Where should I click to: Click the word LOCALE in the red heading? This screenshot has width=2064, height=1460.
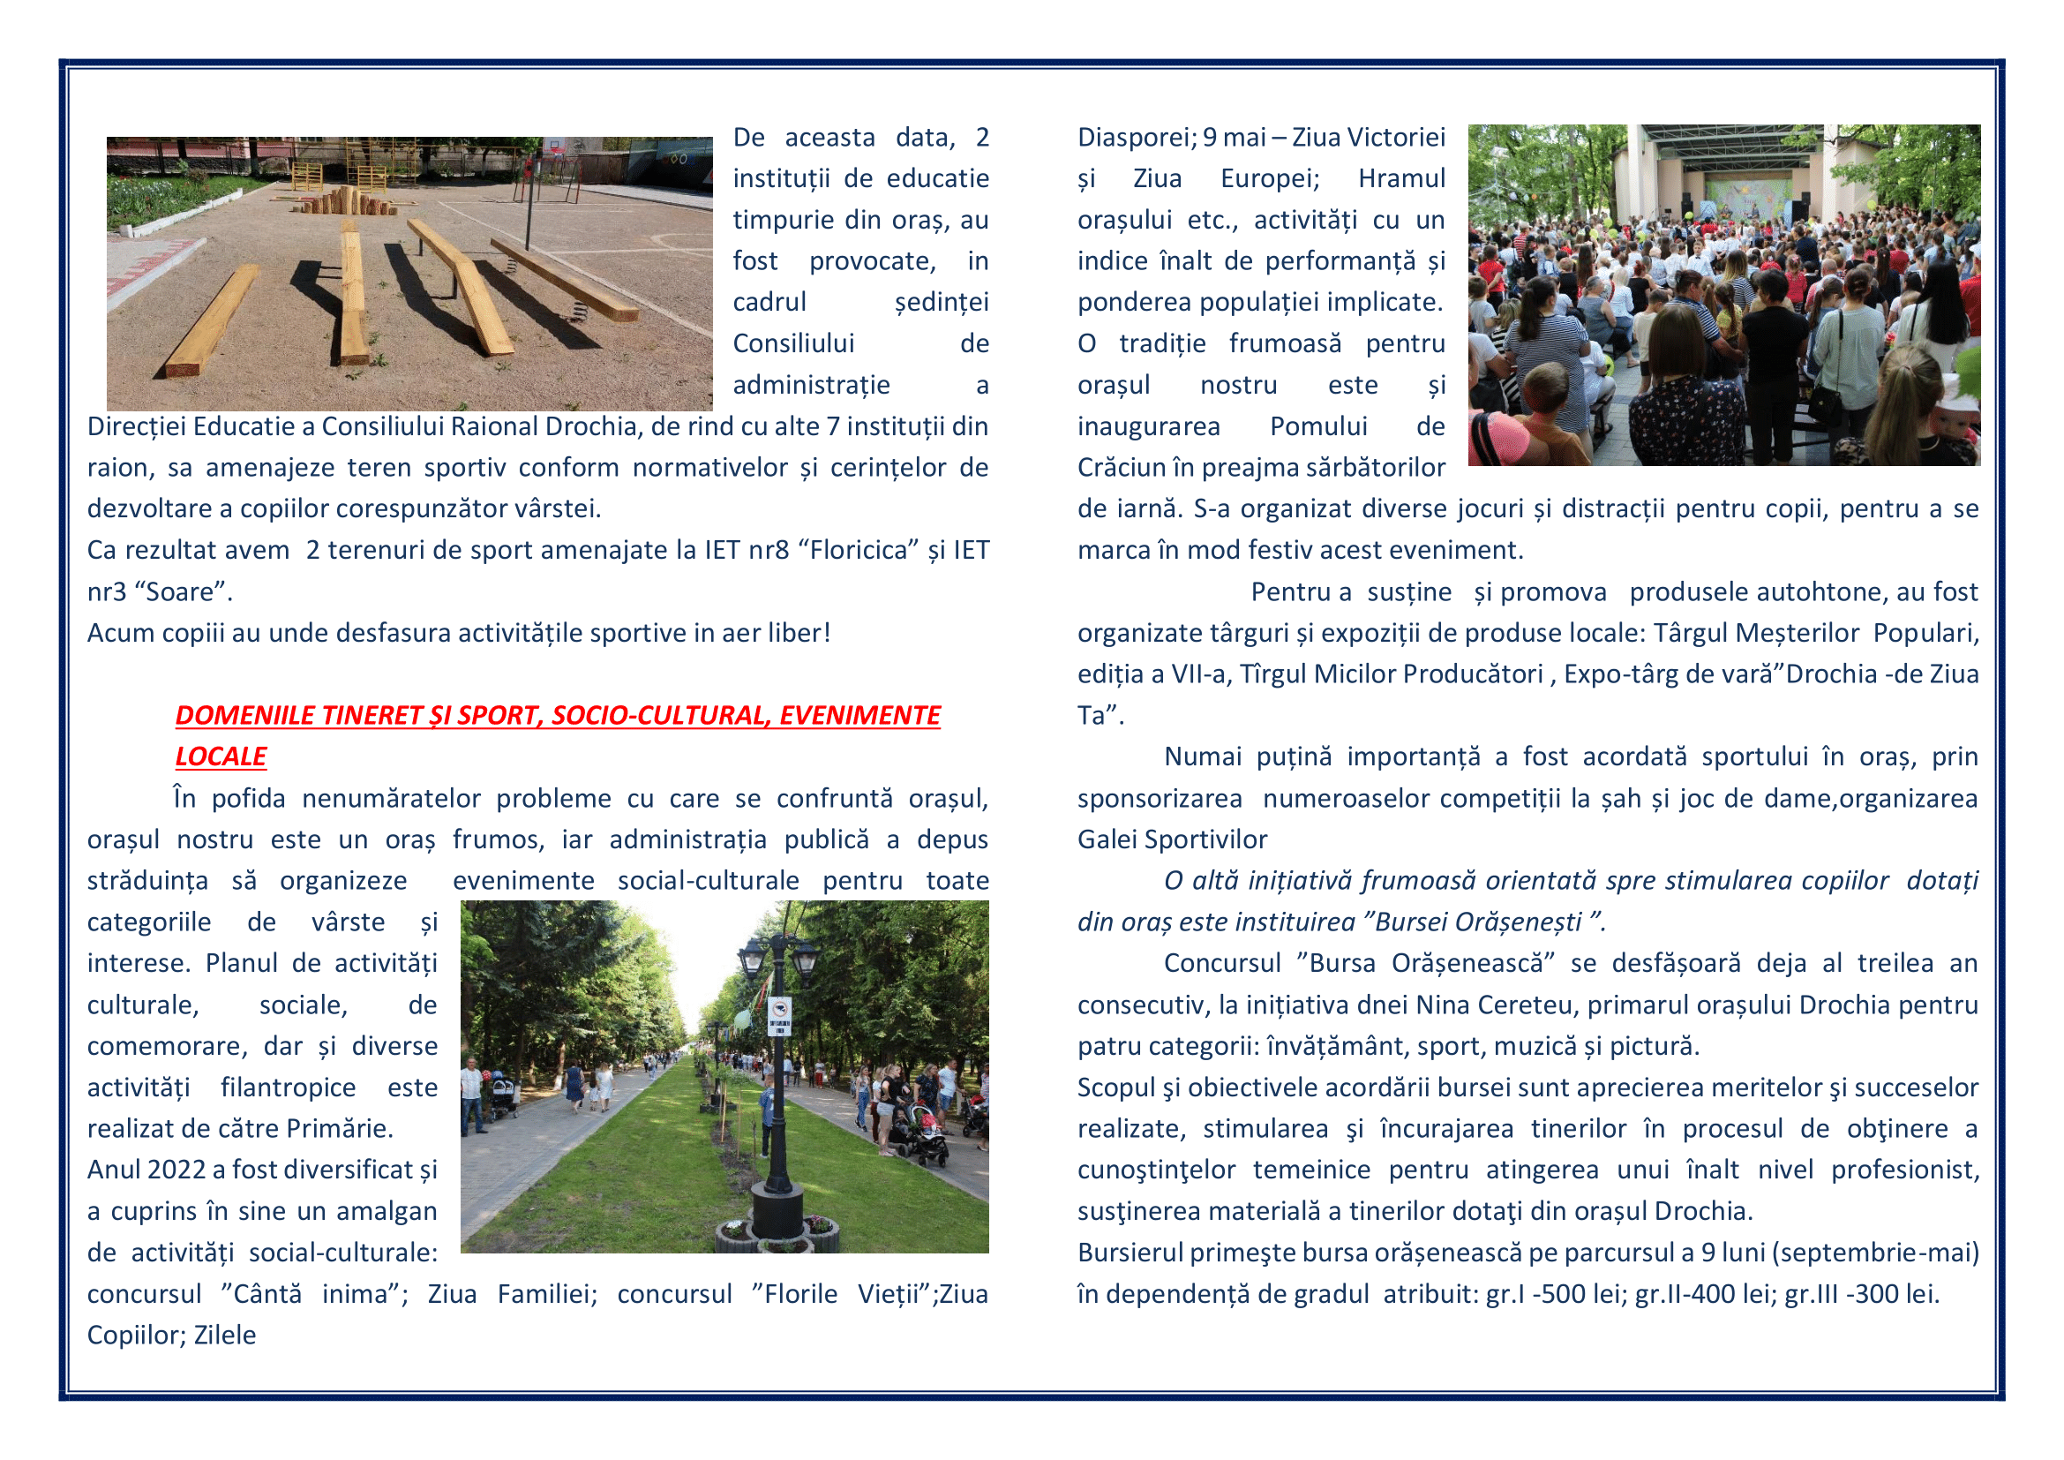click(221, 757)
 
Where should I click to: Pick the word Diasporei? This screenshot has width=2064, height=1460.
click(1136, 138)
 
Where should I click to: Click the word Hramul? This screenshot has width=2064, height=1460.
click(1400, 179)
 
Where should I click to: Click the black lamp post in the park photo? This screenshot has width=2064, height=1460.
click(777, 1106)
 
